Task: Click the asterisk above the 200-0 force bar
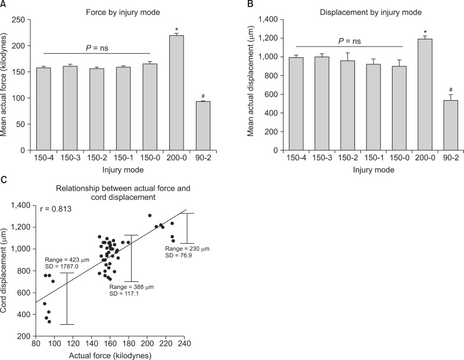pyautogui.click(x=177, y=29)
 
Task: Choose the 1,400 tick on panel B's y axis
pyautogui.click(x=266, y=20)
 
